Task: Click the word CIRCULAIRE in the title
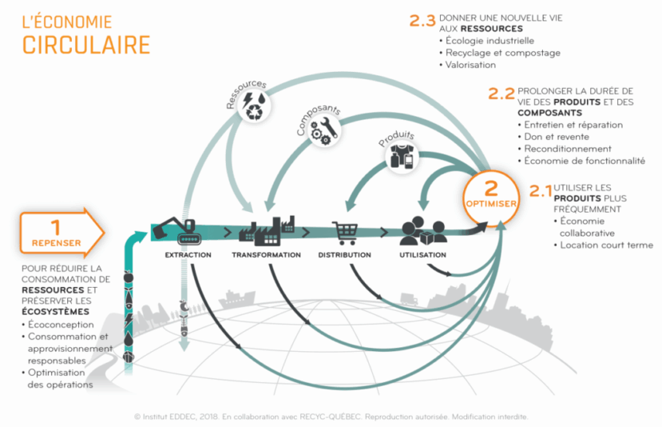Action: [86, 45]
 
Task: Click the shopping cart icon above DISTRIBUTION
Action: [345, 233]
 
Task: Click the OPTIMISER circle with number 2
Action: [491, 194]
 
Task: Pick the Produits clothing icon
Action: [404, 157]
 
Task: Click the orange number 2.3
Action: [422, 22]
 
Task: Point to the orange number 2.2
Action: [501, 94]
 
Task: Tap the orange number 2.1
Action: [541, 190]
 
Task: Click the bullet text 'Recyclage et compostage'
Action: [503, 53]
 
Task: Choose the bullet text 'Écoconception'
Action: [61, 325]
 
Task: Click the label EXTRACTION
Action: [188, 255]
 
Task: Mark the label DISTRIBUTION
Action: [344, 255]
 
